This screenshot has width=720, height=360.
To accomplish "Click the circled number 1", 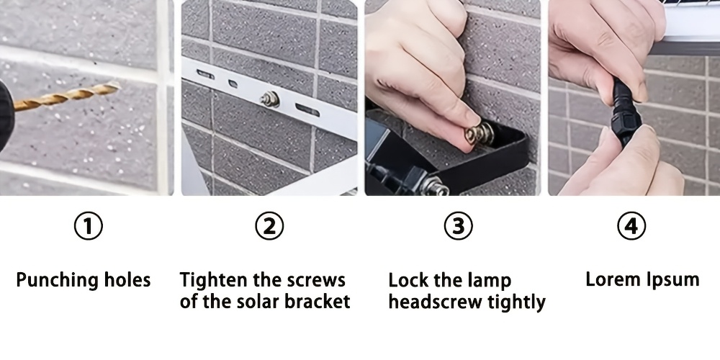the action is pos(88,226).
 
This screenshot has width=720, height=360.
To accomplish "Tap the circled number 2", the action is pos(269,226).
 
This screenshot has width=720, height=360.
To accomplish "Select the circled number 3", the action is pos(458,226).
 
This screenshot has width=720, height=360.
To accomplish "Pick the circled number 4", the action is pos(631,226).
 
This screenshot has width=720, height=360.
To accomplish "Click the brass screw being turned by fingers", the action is pos(479,134).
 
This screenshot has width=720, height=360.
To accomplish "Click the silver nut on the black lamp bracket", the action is pos(434,186).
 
